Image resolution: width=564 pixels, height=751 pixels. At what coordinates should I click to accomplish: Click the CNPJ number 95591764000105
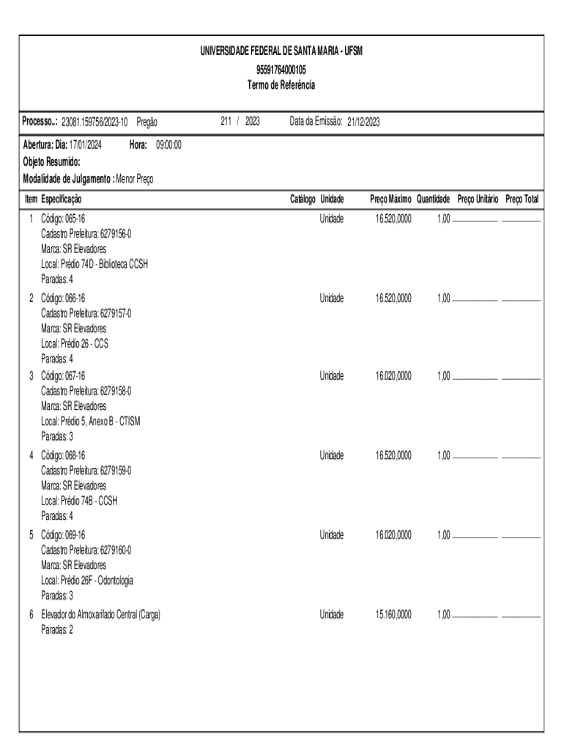click(281, 70)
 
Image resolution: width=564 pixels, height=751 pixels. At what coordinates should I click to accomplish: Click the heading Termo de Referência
click(281, 85)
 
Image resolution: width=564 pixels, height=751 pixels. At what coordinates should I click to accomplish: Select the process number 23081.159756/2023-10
click(95, 122)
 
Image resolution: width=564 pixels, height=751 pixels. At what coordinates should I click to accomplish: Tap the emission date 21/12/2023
click(363, 122)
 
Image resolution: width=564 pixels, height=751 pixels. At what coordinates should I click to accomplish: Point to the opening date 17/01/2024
click(85, 145)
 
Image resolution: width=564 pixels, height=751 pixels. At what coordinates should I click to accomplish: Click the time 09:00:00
click(168, 145)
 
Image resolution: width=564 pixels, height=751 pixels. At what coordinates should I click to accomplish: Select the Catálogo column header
click(303, 199)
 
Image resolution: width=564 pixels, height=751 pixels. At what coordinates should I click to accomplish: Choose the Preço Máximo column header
click(390, 199)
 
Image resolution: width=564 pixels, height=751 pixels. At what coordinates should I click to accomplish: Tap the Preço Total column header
click(522, 199)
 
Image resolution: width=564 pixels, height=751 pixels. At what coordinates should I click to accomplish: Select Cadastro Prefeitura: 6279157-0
click(86, 313)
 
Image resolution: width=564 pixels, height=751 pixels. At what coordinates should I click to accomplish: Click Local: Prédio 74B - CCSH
click(79, 500)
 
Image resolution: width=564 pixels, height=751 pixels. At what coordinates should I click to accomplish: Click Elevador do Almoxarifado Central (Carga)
click(100, 615)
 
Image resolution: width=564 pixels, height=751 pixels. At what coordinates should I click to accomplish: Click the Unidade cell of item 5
click(331, 535)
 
